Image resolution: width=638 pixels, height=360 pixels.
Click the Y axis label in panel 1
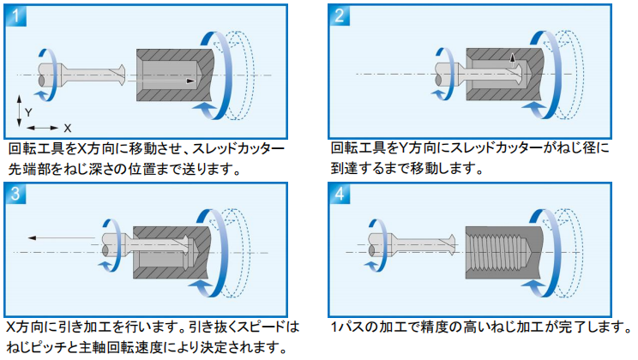point(28,112)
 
